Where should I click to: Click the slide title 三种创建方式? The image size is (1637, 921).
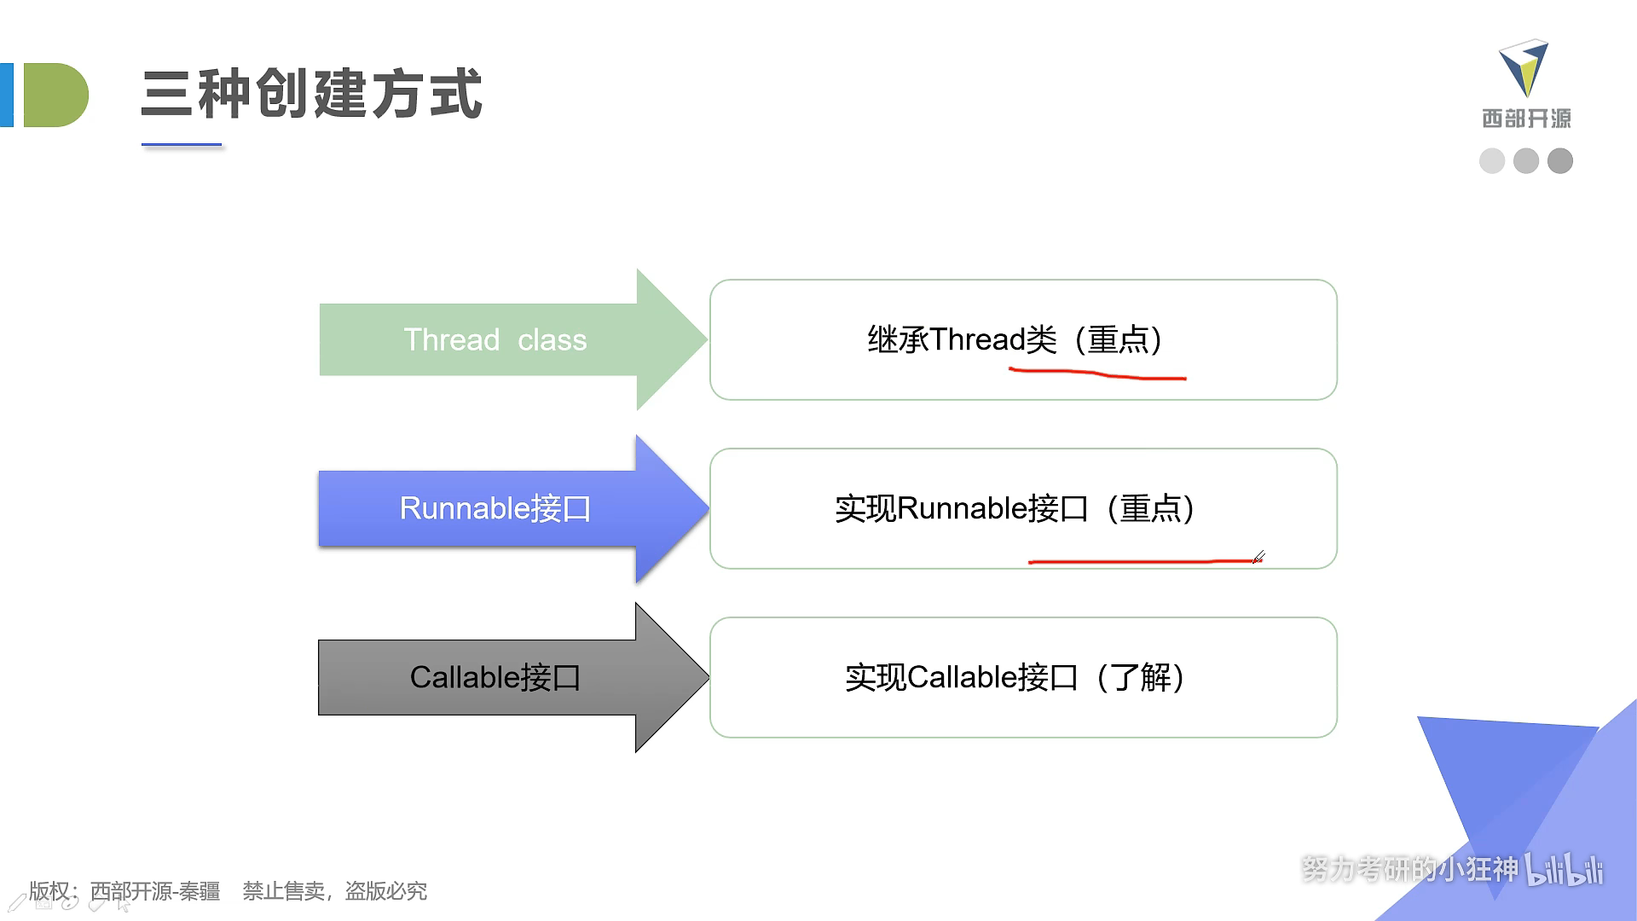tap(312, 93)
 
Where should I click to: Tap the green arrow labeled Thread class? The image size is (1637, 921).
tap(512, 339)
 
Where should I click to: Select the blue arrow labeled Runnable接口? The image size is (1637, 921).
tap(512, 508)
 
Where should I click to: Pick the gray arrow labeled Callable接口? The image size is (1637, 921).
tap(512, 677)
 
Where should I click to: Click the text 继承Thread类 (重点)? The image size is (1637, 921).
tap(1015, 339)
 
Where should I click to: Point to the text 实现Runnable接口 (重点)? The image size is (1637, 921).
tap(1015, 508)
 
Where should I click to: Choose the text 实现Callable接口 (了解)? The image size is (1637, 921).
tap(1015, 677)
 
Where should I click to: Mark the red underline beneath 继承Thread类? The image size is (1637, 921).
tap(1097, 374)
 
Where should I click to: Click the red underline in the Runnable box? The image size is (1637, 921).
tap(1142, 561)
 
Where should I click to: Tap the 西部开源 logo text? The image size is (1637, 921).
tap(1526, 119)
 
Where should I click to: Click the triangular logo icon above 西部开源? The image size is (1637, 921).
tap(1524, 67)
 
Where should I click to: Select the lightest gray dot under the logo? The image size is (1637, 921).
tap(1492, 160)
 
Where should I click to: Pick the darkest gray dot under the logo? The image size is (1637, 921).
tap(1560, 160)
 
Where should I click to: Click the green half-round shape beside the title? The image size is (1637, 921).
tap(55, 95)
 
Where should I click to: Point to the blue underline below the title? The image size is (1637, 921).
tap(182, 145)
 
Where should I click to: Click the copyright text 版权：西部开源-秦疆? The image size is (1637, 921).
tap(124, 891)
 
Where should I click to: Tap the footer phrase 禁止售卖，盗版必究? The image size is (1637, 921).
tap(335, 891)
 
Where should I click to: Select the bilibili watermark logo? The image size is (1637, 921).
tap(1564, 870)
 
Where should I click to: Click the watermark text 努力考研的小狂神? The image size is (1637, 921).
tap(1410, 869)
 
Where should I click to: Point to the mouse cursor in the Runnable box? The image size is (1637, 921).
tap(1258, 557)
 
